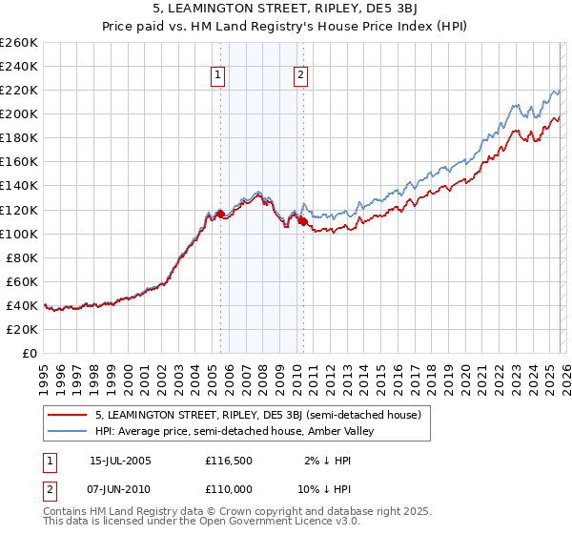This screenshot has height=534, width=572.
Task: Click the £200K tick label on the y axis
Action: (x=19, y=113)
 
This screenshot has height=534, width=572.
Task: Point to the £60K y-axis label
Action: (x=22, y=281)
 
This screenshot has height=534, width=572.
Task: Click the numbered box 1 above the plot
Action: (x=217, y=75)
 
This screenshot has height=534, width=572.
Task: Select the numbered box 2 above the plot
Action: (x=300, y=75)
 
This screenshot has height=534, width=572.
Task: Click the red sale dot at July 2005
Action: (x=220, y=214)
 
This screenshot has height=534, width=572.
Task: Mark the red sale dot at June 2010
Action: (x=303, y=221)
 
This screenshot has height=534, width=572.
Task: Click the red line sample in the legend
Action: (x=69, y=415)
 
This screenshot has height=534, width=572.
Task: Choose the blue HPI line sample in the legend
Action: (x=69, y=432)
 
